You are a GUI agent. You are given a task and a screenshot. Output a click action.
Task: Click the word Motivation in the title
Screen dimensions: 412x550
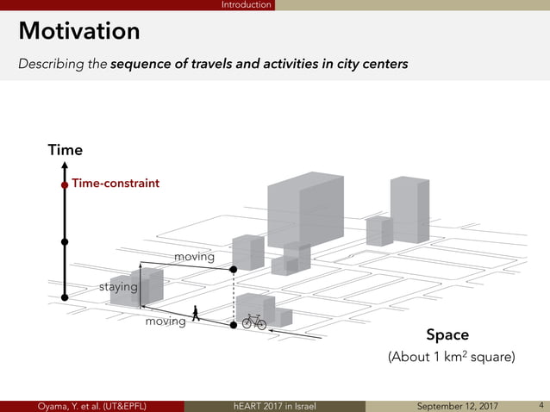79,31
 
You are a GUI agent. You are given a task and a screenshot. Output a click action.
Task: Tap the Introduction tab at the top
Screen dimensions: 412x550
246,5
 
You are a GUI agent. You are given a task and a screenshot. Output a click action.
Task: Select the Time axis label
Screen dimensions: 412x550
65,150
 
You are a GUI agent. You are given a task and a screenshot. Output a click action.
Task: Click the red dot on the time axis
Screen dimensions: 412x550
65,184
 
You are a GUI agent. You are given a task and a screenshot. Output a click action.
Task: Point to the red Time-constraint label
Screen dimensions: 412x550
116,184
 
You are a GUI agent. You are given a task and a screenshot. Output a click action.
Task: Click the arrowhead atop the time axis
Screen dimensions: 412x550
65,168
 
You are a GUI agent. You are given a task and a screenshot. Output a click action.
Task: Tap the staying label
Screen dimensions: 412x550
118,286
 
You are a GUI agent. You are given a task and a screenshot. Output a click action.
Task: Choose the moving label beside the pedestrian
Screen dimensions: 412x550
165,321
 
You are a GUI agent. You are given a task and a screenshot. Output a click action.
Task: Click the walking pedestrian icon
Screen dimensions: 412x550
197,314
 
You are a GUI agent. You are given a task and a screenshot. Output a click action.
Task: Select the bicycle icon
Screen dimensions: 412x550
253,321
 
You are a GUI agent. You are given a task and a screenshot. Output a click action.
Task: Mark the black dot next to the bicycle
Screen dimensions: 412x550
234,326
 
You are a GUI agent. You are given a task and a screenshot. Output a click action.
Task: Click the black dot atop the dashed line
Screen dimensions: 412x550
234,270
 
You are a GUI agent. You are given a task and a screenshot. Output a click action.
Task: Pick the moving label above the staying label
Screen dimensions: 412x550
194,257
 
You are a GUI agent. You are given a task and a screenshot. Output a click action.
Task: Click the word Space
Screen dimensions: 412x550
447,334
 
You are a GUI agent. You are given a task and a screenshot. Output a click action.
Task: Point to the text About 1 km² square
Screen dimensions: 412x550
451,357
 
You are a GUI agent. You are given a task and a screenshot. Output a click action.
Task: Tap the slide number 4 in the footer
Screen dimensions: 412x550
541,405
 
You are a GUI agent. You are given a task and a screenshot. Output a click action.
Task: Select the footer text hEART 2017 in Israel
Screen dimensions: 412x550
275,406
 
